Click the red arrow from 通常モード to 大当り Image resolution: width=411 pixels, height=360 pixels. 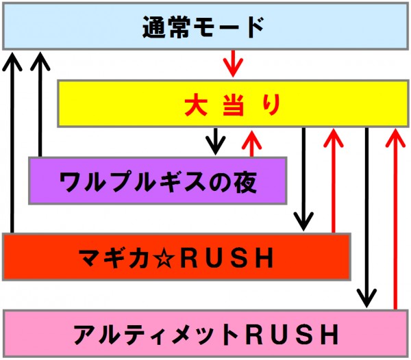coord(233,64)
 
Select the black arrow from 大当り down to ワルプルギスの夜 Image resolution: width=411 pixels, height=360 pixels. coord(216,141)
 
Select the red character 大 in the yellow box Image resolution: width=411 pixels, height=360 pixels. coord(195,105)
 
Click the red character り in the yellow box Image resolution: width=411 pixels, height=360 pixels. coord(271,105)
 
